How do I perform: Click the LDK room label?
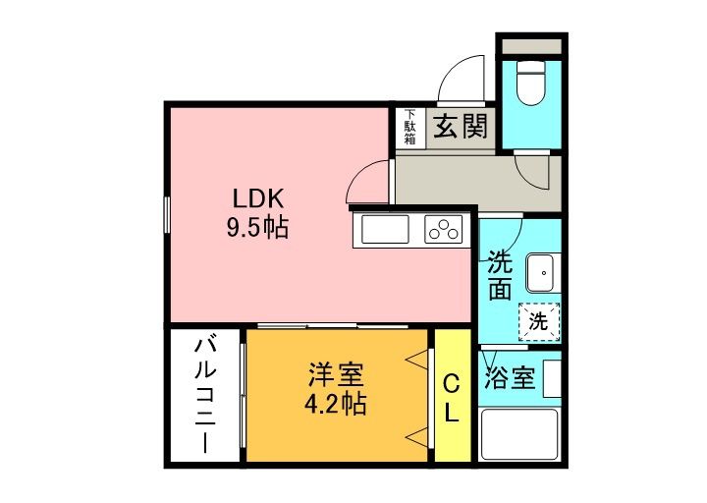coord(257,198)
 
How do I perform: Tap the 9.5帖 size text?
coord(257,227)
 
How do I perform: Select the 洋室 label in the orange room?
coord(336,375)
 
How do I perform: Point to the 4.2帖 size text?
coord(336,404)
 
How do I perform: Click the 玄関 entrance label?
coord(461,126)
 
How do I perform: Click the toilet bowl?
coord(530,83)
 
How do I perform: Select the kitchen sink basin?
coord(385,229)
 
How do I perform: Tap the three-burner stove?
coord(444,229)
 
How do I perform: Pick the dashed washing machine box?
coord(539,321)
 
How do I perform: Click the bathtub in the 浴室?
coord(519,433)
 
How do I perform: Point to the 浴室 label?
coord(510,378)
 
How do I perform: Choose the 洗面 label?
coord(500,281)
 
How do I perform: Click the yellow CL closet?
coord(453,396)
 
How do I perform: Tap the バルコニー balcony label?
coord(205,396)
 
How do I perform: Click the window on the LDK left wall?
coord(166,215)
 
